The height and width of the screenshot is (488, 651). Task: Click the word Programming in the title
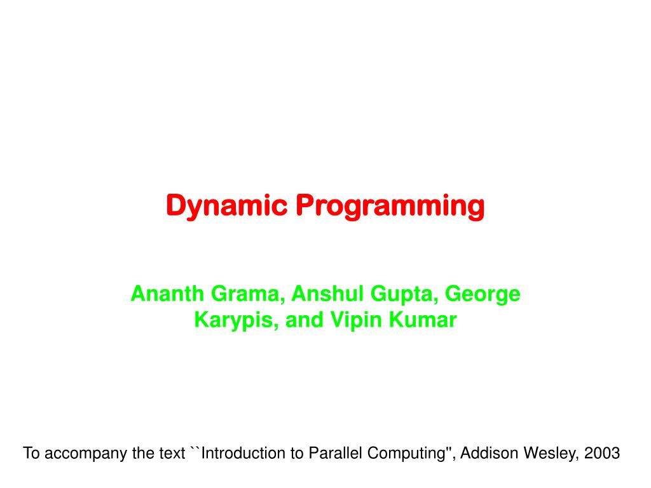(x=390, y=206)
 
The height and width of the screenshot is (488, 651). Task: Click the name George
(x=483, y=294)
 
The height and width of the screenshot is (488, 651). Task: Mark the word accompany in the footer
(x=79, y=453)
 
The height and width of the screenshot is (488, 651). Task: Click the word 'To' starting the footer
(x=31, y=453)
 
